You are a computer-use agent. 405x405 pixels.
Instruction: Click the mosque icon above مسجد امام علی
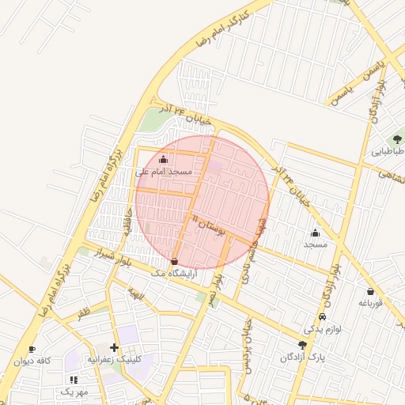pos(164,159)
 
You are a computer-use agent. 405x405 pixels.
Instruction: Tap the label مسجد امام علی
pos(164,171)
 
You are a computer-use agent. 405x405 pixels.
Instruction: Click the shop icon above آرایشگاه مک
pos(174,261)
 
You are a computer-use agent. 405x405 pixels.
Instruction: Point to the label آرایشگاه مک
pos(172,272)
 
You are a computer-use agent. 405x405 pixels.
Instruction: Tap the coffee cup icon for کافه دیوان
pos(32,349)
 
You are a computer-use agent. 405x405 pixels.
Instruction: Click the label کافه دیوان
pos(32,361)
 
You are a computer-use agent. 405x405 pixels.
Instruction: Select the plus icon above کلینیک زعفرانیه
pos(115,347)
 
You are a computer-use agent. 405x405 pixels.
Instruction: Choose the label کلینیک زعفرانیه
pos(115,359)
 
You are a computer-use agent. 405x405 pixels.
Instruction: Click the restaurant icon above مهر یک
pos(74,380)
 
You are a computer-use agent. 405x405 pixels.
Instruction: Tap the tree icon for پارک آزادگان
pos(301,345)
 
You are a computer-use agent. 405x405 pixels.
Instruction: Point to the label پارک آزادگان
pos(301,357)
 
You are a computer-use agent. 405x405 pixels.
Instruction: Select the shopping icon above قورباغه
pos(370,292)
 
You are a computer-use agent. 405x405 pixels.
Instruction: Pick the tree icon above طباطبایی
pos(397,139)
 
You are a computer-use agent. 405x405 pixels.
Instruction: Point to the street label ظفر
pos(83,313)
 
